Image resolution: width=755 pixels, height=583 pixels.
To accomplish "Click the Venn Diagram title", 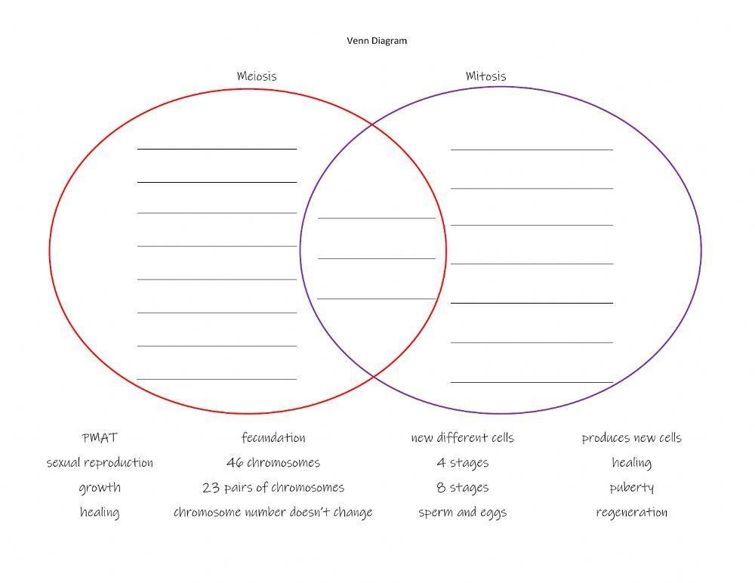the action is (x=377, y=41).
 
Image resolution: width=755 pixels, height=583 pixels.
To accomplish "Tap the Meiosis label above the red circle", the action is (x=257, y=76).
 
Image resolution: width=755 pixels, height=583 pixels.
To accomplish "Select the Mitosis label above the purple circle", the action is (x=485, y=76).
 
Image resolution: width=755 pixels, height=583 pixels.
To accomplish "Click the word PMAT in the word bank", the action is (x=100, y=437).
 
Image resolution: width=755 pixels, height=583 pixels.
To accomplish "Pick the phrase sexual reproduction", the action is (x=100, y=462).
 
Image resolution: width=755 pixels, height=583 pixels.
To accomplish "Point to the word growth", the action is (x=100, y=488).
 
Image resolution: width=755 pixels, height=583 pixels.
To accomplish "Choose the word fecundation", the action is (x=273, y=437).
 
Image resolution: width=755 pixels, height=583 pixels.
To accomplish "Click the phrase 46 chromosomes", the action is (x=273, y=462).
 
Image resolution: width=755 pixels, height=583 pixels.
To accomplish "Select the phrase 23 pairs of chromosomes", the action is (x=273, y=488).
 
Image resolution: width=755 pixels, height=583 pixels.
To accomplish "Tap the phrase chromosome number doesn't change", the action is (x=273, y=512).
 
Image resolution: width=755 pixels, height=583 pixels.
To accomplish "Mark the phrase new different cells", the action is (x=462, y=437).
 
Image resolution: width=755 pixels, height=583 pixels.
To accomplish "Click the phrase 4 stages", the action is (x=462, y=463).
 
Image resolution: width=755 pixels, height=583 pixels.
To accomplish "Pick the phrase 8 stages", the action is (x=462, y=488).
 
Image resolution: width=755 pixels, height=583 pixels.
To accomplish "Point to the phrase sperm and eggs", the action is (x=462, y=513).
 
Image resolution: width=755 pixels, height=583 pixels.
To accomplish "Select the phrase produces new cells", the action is (x=632, y=438).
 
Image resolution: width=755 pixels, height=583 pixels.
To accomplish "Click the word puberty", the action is (x=632, y=488).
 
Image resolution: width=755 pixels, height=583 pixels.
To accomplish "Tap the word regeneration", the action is (x=632, y=513).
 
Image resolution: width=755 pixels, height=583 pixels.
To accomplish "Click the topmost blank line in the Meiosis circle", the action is (x=217, y=150).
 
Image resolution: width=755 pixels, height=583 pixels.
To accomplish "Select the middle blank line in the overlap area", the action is (x=377, y=259).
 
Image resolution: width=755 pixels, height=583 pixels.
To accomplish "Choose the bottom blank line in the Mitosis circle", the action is (x=532, y=383).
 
